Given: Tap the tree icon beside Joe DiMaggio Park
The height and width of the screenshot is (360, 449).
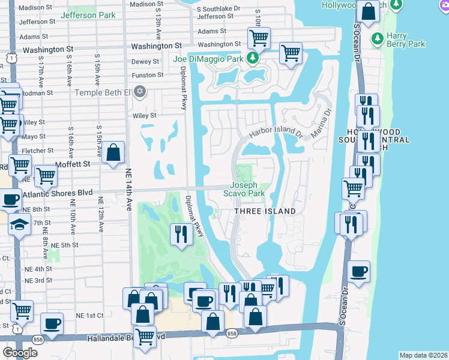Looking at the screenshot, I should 253,58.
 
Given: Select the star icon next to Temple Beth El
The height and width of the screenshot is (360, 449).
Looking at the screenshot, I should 139,92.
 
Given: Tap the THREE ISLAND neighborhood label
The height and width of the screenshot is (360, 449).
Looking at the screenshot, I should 265,211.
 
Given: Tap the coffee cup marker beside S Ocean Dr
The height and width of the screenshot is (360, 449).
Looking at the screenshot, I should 358,271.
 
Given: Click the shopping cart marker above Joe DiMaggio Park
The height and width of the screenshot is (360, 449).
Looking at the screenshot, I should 259,38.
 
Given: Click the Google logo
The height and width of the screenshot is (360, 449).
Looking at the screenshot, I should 20,352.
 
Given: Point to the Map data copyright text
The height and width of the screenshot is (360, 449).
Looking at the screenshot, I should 423,355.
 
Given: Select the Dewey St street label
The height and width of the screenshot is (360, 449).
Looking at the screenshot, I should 145,61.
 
